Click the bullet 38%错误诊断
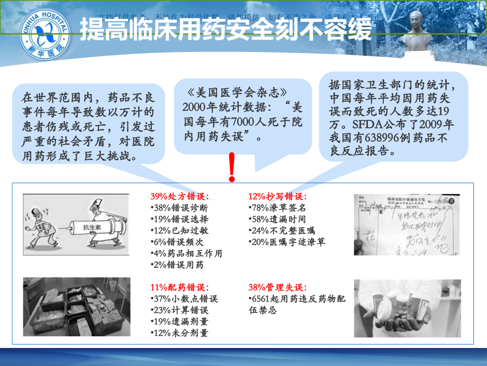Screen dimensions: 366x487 pos(179,208)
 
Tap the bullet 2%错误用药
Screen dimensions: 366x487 pos(177,265)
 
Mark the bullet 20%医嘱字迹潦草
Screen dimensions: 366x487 pos(287,242)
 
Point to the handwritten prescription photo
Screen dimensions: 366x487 pos(407,224)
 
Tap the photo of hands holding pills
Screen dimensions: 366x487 pos(407,308)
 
